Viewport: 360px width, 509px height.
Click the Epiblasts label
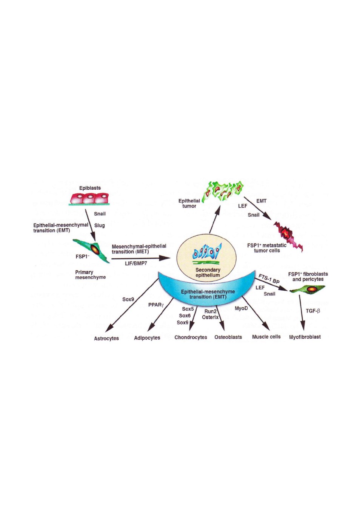(90, 188)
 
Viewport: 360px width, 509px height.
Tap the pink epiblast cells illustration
(89, 199)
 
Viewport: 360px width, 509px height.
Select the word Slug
(99, 225)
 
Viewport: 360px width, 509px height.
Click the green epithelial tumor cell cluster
(223, 190)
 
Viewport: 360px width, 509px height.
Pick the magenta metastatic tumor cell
(289, 236)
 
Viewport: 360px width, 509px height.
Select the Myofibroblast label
(305, 337)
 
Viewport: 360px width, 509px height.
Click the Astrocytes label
(106, 338)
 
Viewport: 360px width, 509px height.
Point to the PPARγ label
(156, 305)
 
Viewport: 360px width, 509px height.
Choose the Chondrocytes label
(191, 337)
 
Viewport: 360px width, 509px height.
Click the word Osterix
(210, 317)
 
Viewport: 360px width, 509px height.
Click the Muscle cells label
(266, 337)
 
